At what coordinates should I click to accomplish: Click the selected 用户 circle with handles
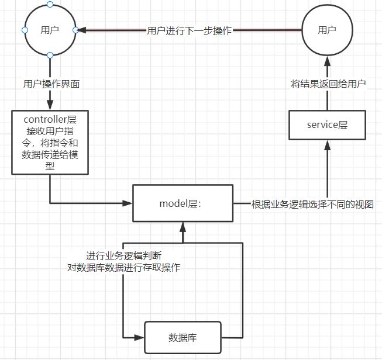pyautogui.click(x=50, y=29)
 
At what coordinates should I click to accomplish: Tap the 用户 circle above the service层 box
pyautogui.click(x=327, y=29)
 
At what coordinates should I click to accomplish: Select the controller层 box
pyautogui.click(x=50, y=142)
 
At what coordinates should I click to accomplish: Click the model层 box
pyautogui.click(x=183, y=203)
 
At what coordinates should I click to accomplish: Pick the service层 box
pyautogui.click(x=328, y=124)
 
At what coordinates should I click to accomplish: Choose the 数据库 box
pyautogui.click(x=183, y=337)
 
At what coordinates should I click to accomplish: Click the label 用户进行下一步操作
pyautogui.click(x=190, y=30)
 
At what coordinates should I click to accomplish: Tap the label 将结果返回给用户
pyautogui.click(x=328, y=84)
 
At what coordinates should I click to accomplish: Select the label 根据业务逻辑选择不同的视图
pyautogui.click(x=311, y=204)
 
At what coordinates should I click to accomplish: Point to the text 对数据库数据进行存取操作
pyautogui.click(x=124, y=268)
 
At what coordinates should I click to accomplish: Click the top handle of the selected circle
pyautogui.click(x=50, y=4)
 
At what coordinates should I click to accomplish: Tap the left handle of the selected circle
pyautogui.click(x=25, y=30)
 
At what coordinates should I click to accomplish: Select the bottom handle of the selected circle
pyautogui.click(x=50, y=55)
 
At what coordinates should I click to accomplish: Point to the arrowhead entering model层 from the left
pyautogui.click(x=128, y=203)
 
